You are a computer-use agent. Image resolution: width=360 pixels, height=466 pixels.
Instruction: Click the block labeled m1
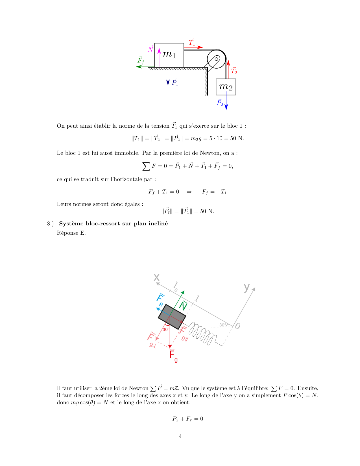(169, 55)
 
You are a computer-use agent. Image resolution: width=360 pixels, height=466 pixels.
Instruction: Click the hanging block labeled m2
(226, 87)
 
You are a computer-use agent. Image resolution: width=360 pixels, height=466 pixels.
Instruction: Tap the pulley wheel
(217, 59)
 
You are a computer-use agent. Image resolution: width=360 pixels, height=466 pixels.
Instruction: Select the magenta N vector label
(151, 49)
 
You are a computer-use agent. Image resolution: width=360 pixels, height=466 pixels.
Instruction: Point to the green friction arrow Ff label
(141, 60)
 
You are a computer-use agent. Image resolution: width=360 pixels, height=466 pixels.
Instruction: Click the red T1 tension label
(192, 42)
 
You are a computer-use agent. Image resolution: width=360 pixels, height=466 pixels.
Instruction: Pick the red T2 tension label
(234, 71)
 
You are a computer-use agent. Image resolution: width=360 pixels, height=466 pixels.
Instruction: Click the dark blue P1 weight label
(175, 82)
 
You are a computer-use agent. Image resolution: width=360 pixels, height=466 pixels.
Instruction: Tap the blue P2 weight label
(220, 103)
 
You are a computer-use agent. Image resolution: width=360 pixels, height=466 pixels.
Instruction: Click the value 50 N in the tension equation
(237, 138)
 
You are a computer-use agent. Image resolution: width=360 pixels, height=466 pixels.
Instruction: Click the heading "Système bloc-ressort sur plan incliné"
(113, 224)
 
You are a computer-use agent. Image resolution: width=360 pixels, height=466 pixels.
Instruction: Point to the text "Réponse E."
(71, 233)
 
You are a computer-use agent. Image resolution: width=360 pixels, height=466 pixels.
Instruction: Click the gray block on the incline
(172, 317)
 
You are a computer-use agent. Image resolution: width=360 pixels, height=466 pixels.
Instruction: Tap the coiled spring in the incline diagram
(202, 333)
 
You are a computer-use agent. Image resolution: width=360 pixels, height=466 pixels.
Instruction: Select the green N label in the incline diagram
(183, 306)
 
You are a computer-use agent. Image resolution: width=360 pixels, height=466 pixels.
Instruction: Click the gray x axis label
(156, 277)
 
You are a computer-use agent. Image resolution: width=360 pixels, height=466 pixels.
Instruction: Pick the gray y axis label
(247, 287)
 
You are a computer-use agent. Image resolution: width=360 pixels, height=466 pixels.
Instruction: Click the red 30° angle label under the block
(166, 329)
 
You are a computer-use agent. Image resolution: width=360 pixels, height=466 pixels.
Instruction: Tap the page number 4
(180, 436)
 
